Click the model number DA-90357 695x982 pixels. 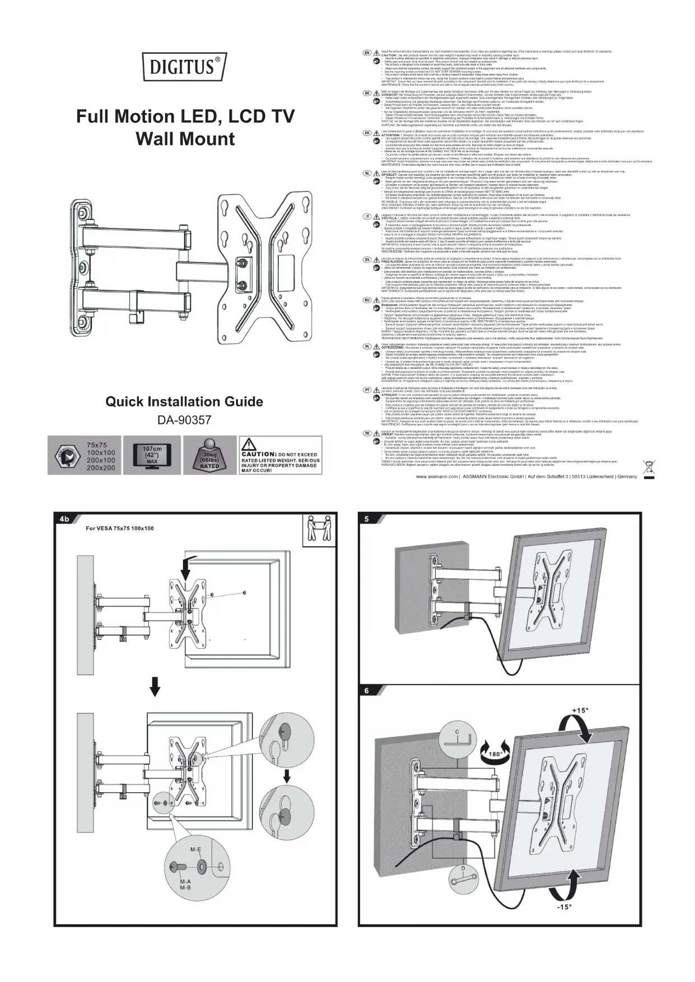tap(185, 420)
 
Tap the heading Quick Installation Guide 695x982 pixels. tap(185, 402)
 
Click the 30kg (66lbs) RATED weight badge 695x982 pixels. tap(209, 458)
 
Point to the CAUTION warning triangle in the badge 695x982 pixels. tap(249, 446)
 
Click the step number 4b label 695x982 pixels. tap(63, 519)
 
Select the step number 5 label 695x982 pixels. tap(367, 519)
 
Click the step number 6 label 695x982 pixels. tap(367, 690)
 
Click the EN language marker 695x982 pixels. tap(367, 52)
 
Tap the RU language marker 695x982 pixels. tap(367, 301)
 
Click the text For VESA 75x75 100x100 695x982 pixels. tap(119, 528)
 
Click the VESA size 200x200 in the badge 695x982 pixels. tap(101, 468)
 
